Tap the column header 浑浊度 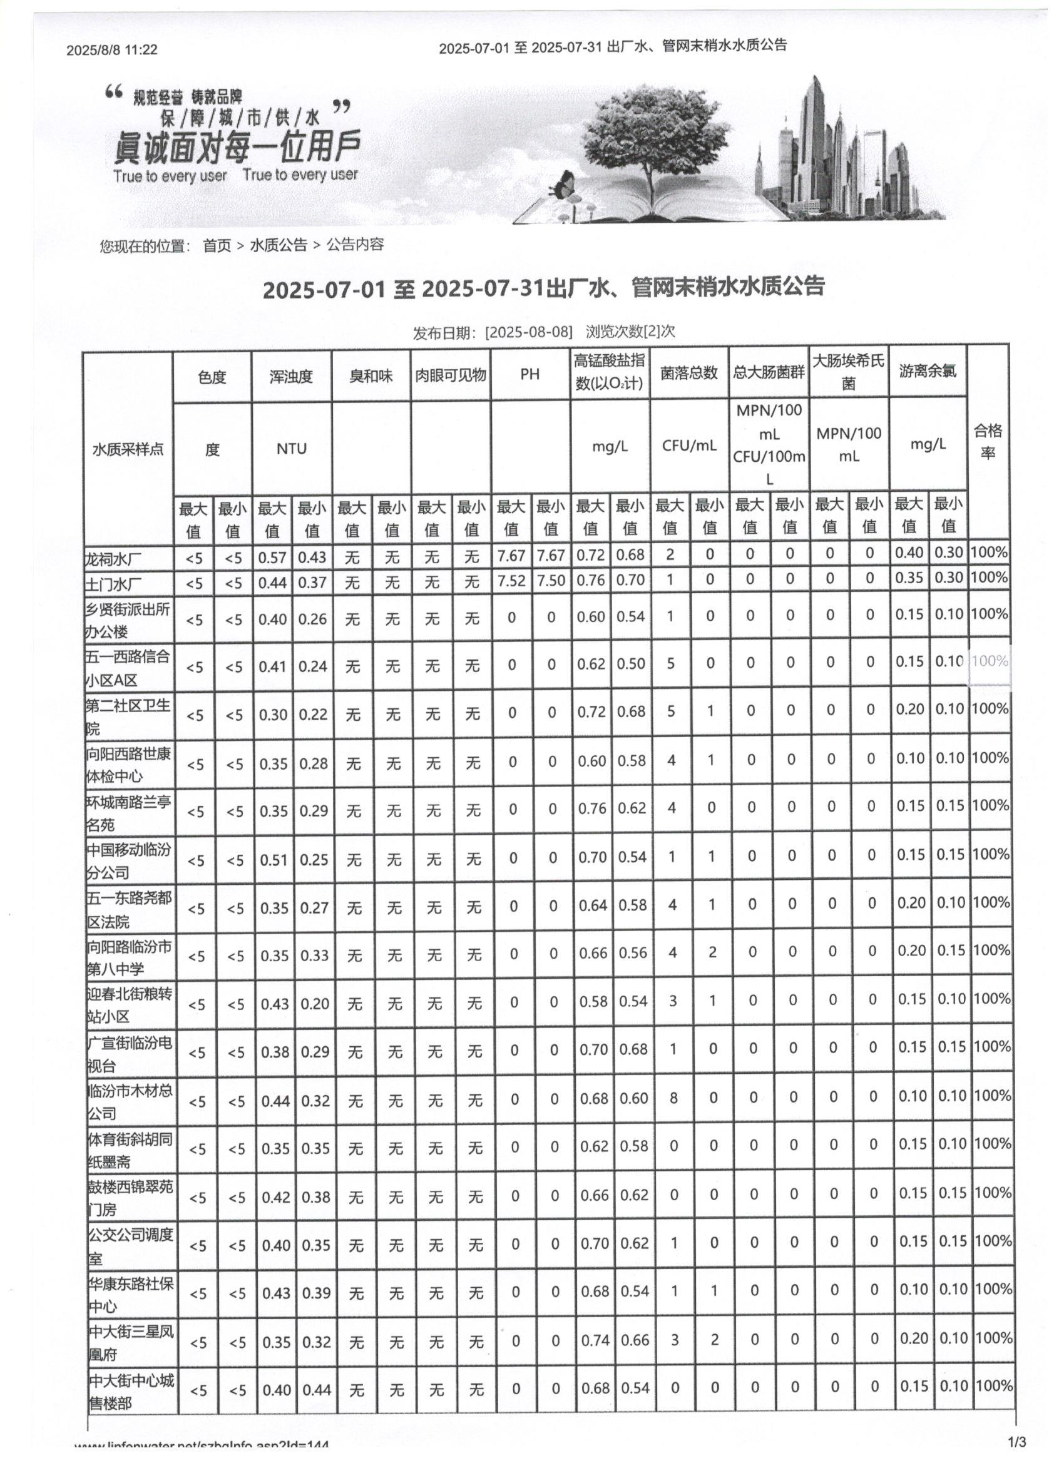(x=291, y=376)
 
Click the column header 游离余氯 (x=928, y=371)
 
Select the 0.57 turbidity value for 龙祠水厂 (x=272, y=557)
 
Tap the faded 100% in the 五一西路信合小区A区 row (x=989, y=661)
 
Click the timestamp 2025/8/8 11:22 (x=111, y=49)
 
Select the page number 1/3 (x=1016, y=1442)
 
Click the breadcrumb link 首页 (x=217, y=245)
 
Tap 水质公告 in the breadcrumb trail (x=278, y=245)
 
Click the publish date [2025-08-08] (x=528, y=332)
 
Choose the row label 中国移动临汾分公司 (x=129, y=861)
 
